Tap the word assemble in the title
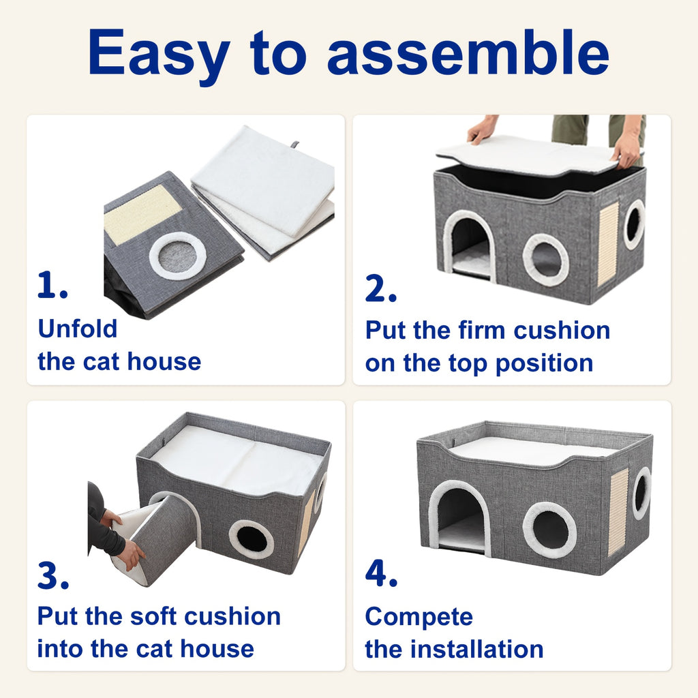coord(468,52)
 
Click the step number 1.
coord(52,285)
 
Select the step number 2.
coord(380,288)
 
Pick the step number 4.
coord(381,573)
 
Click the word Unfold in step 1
coord(78,329)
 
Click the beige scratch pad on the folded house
coord(142,214)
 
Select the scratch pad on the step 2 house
coord(608,243)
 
